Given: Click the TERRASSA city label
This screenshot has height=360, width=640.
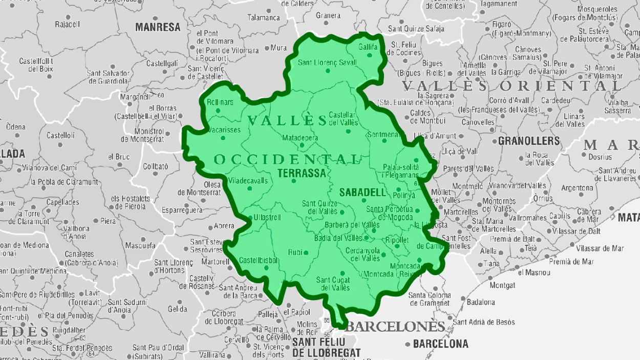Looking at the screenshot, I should click(302, 173).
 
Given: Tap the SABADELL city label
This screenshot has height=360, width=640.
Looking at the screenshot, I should click(361, 193).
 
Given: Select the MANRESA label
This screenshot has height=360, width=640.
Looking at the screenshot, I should click(158, 27).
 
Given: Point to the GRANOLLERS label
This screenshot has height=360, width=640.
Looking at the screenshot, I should click(529, 140).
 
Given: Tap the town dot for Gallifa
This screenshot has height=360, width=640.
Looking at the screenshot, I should click(369, 55).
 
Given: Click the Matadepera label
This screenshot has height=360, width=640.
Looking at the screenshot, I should click(300, 138).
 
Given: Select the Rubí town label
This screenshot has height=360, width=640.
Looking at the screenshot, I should click(295, 252).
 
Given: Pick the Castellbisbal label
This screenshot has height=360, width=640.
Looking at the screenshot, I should click(259, 260).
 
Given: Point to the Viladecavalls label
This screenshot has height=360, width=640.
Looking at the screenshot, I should click(248, 180).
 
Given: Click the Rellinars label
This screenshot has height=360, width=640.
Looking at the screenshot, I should click(220, 102).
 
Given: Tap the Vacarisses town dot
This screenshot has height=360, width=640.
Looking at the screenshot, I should click(223, 138).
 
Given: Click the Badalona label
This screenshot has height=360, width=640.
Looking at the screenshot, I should click(481, 302).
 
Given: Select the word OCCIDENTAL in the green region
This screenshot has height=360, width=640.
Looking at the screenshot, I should click(287, 159).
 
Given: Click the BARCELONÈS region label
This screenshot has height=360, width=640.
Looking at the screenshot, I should click(396, 327).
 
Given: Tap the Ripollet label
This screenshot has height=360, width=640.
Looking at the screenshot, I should click(397, 240).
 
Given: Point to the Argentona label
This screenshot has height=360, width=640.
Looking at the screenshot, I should click(577, 187).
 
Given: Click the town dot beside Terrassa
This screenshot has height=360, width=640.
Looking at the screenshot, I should click(293, 181).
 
